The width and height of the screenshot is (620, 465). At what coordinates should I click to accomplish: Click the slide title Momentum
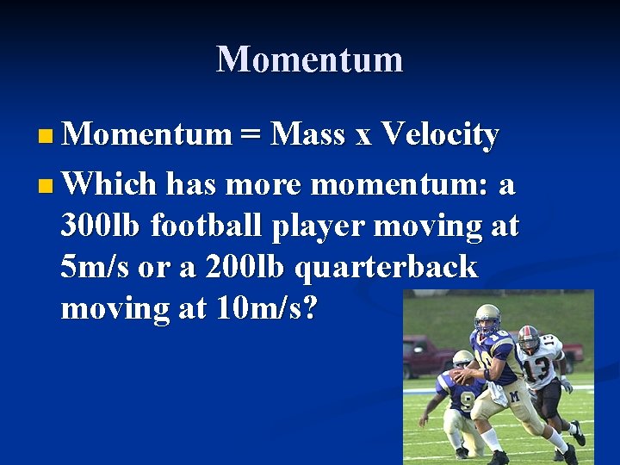point(309,59)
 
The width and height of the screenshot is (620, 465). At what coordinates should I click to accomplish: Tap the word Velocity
point(439,135)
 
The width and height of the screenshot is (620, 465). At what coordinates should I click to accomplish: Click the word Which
point(109,184)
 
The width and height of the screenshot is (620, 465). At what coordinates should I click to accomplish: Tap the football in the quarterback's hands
point(466,376)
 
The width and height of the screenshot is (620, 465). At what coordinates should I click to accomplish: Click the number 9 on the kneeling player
point(467,401)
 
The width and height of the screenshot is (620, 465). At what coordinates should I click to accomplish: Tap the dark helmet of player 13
point(528,338)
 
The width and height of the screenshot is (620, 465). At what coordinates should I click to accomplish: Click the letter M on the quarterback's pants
point(513,397)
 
